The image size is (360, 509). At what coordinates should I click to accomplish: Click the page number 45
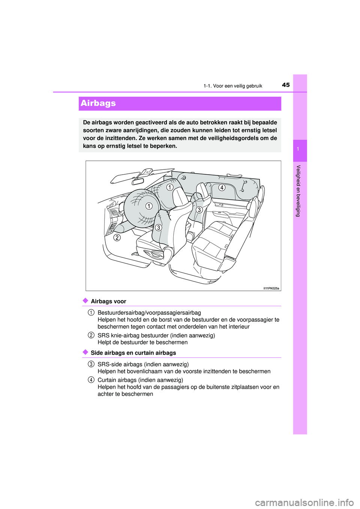click(x=286, y=85)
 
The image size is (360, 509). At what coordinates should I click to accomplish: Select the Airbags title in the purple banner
click(x=98, y=103)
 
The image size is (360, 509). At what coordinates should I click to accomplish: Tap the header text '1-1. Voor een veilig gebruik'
click(x=232, y=86)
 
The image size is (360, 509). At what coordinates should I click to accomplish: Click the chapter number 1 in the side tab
click(x=298, y=150)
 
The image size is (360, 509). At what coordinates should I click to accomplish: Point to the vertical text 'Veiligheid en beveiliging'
click(x=298, y=191)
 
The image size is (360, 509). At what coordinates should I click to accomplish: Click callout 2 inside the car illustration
click(x=117, y=237)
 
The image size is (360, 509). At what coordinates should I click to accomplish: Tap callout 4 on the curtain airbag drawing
click(x=222, y=187)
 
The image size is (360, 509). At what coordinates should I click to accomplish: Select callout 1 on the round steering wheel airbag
click(x=149, y=206)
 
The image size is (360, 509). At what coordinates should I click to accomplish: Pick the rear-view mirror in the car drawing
click(x=138, y=182)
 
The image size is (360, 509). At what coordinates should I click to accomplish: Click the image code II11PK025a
click(x=271, y=288)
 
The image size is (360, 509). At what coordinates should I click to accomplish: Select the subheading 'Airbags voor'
click(x=108, y=301)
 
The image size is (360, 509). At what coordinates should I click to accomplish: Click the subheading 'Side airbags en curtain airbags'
click(x=133, y=353)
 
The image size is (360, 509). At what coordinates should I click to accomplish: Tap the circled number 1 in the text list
click(x=91, y=313)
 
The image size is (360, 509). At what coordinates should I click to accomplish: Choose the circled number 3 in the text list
click(x=91, y=364)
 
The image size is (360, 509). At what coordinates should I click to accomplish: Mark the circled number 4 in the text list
click(x=91, y=380)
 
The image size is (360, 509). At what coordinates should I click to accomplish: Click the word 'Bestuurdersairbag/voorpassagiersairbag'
click(x=149, y=313)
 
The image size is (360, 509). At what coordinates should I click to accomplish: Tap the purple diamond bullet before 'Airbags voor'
click(x=85, y=301)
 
